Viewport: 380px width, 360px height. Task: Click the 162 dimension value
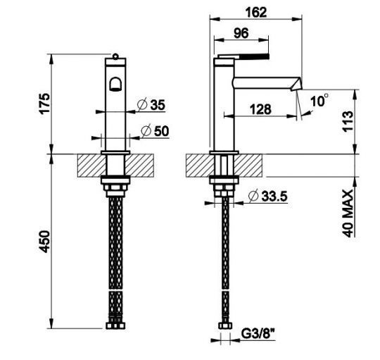[256, 13]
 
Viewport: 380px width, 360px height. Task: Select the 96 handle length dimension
[241, 33]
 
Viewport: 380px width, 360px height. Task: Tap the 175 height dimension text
[44, 104]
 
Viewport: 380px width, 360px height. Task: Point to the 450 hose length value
[44, 242]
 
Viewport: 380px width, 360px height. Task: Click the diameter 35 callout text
[151, 105]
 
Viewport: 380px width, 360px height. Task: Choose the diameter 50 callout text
[155, 131]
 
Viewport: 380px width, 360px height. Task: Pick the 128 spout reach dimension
[260, 109]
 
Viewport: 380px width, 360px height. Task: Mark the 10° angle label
[319, 100]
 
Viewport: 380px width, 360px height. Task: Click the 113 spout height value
[348, 121]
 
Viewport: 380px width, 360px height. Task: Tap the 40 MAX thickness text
[348, 213]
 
